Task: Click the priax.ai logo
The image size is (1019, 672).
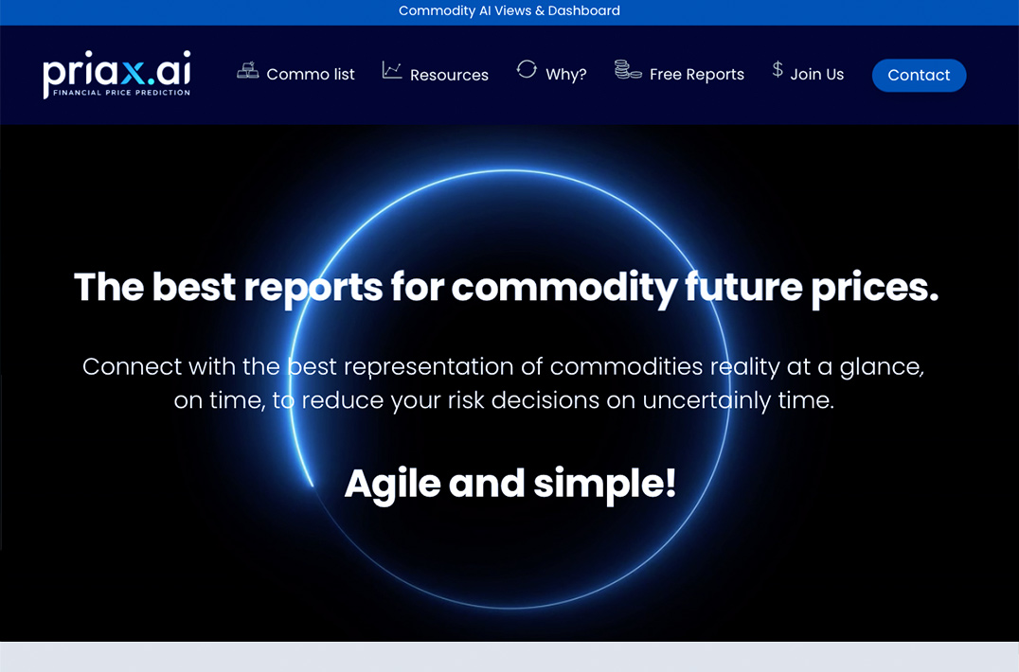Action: [x=117, y=74]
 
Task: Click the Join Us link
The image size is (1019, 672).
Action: [x=817, y=75]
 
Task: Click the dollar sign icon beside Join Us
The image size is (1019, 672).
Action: [x=778, y=69]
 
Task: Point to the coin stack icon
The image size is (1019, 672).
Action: [x=628, y=69]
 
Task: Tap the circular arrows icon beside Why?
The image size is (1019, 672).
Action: [x=527, y=69]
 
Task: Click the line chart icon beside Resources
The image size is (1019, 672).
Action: [x=392, y=70]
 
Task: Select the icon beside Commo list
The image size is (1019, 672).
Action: [x=247, y=69]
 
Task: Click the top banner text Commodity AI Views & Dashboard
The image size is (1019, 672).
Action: [x=509, y=11]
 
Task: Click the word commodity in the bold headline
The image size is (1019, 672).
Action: [x=564, y=287]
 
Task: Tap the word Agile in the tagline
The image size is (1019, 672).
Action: [x=392, y=485]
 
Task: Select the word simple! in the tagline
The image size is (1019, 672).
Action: [x=604, y=485]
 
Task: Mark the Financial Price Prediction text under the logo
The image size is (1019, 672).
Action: [x=121, y=93]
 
